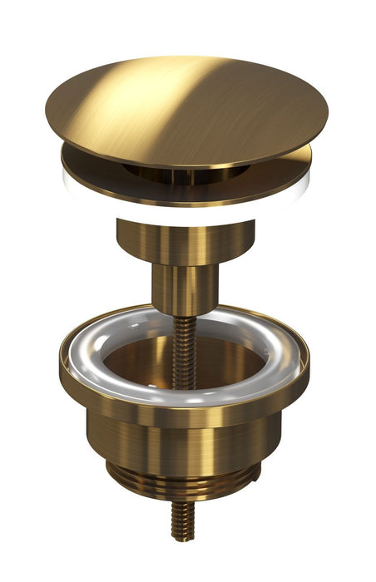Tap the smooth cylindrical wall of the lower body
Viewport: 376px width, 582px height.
pos(183,441)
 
